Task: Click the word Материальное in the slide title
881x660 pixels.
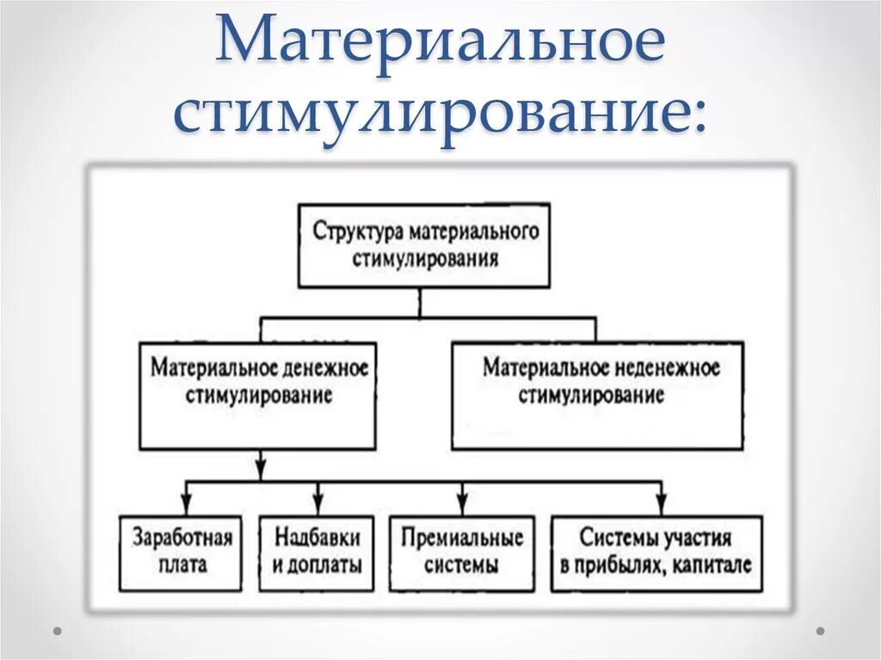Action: click(441, 45)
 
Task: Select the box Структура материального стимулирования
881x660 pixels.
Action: click(423, 245)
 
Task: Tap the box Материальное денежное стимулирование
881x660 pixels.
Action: click(257, 397)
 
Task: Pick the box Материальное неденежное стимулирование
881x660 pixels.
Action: click(596, 397)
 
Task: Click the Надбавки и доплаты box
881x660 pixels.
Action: click(317, 552)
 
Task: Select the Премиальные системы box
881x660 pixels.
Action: click(461, 552)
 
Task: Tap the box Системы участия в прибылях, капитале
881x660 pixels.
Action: click(656, 552)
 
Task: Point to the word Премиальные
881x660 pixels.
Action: click(461, 539)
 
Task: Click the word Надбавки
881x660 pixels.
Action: click(317, 539)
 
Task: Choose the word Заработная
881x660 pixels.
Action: click(182, 539)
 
